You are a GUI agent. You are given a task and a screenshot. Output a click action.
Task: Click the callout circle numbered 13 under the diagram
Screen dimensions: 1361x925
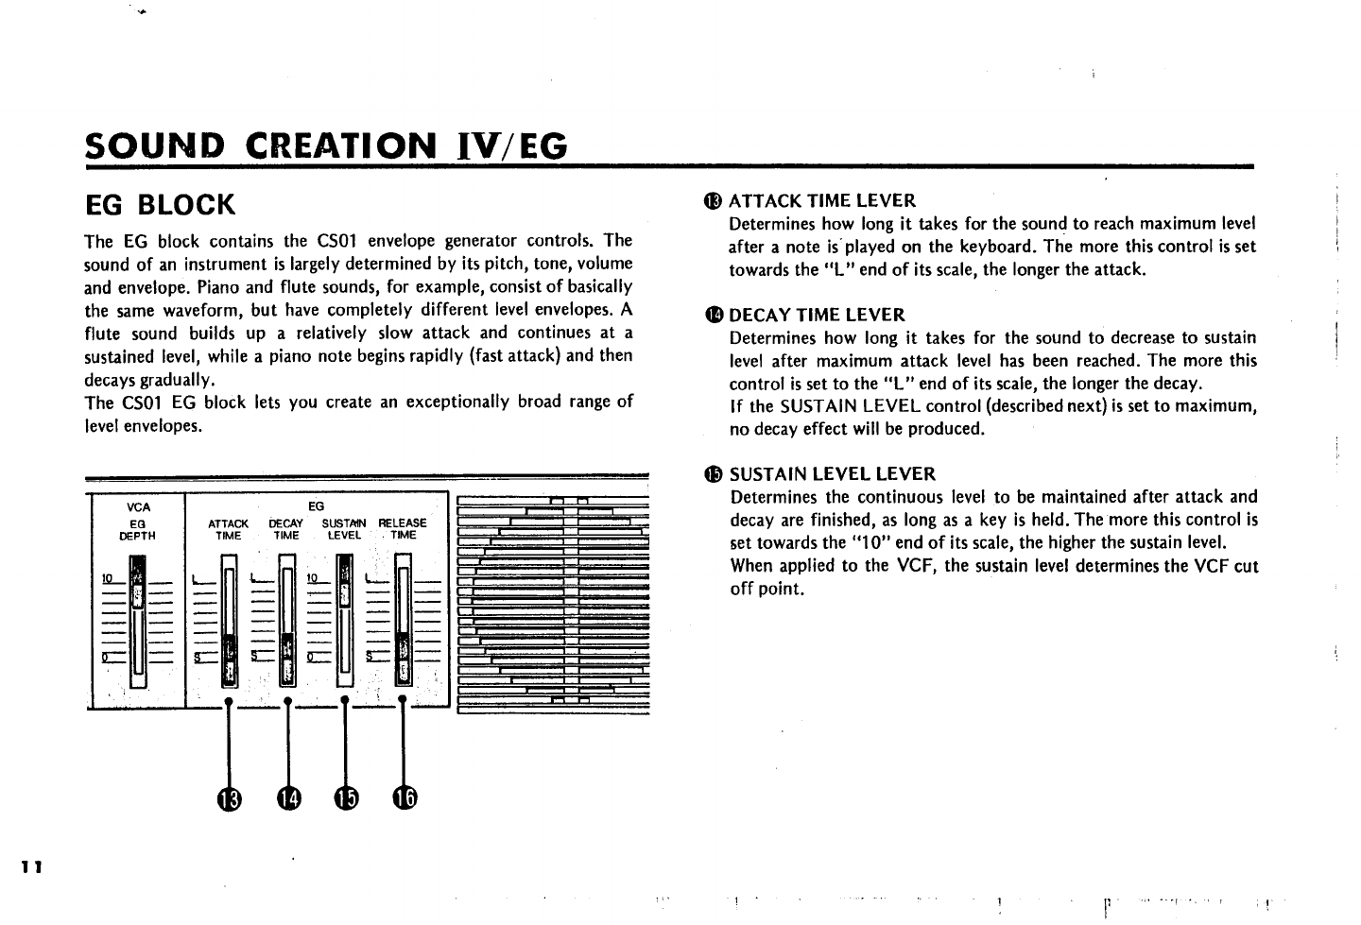230,798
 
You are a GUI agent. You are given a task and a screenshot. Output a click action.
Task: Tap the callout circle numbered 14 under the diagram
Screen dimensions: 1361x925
288,798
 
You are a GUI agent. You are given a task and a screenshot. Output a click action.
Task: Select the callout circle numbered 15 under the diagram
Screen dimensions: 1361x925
346,798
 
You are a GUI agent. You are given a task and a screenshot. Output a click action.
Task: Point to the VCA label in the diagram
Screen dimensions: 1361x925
138,507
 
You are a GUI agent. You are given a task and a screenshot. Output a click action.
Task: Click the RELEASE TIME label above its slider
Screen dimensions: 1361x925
403,528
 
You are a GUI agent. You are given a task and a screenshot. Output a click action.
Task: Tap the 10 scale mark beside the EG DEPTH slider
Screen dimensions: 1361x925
109,578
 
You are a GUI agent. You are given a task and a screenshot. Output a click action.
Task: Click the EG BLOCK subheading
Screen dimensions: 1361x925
160,204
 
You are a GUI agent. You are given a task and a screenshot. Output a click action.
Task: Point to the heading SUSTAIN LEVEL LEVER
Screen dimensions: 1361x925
832,473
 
